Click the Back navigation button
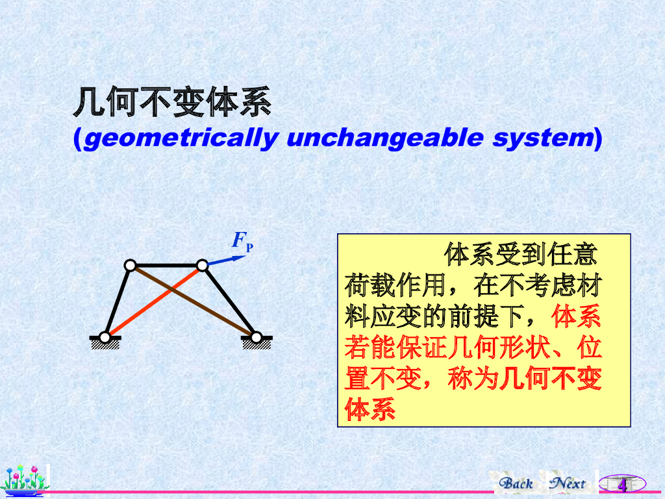516,483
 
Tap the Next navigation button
568,483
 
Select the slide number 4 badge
622,484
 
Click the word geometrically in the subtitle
181,138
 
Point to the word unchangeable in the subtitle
385,138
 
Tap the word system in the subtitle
543,138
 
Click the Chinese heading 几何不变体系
172,102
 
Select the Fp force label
242,241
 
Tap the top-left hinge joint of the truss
130,266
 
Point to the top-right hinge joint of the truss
203,266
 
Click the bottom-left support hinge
105,338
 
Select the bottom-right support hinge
256,338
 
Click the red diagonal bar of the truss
153,301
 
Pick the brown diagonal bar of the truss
193,301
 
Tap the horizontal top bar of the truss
166,266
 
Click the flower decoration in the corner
25,481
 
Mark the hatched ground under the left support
105,344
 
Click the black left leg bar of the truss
118,301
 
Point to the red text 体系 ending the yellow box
370,409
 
